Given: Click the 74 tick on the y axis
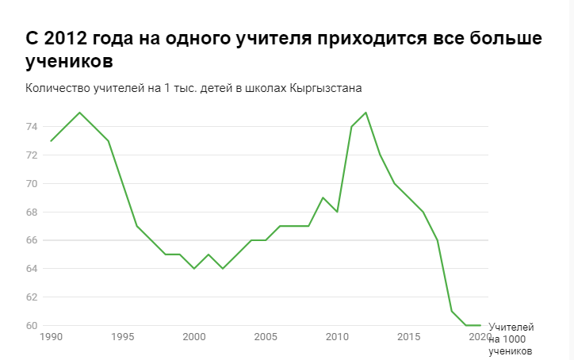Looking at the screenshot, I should [31, 127].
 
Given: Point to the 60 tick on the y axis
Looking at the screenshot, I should [31, 325].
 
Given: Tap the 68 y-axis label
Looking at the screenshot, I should [31, 212].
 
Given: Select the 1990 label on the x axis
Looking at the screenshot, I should [52, 337].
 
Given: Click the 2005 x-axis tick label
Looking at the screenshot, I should [266, 337].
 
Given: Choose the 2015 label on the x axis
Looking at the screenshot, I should [409, 337].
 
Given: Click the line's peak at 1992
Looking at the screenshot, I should [79, 113].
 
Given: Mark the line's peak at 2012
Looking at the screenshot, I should [365, 113].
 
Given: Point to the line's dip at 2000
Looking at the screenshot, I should [194, 269].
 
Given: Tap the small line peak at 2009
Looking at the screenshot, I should [323, 197].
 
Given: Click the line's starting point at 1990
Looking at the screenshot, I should [51, 141].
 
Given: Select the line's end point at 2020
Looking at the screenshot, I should [480, 325].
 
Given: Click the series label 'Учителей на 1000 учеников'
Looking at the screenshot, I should [511, 339].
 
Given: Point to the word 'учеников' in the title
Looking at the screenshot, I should [71, 61].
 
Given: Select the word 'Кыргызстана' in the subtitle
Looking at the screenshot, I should [327, 87].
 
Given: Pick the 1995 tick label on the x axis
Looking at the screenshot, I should [123, 337].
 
